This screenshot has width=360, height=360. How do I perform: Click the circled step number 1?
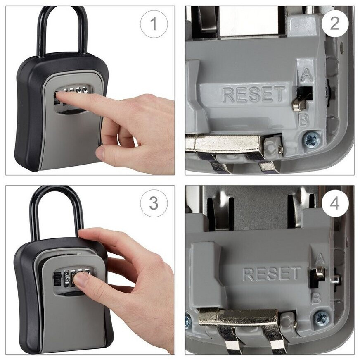point(154,24)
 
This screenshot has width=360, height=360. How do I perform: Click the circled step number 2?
point(335,24)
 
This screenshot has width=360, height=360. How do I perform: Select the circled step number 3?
point(154,203)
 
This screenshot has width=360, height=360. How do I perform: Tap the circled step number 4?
point(335,203)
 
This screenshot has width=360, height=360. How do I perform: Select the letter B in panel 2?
point(303,120)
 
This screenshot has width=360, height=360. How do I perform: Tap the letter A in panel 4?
point(320,259)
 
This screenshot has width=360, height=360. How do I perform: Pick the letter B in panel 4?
point(317,299)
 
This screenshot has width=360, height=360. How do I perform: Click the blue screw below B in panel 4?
point(321,318)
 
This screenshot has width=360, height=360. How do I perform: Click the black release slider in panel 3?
point(58,279)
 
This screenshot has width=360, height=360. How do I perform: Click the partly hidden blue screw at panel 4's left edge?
point(188,322)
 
